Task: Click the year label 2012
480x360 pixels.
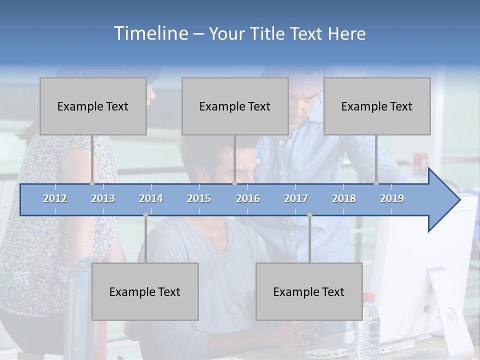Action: click(x=55, y=198)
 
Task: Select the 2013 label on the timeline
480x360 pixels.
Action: click(x=103, y=198)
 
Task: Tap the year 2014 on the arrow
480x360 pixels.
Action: click(x=151, y=198)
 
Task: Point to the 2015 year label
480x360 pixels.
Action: click(x=199, y=198)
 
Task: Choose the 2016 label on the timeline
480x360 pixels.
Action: click(x=248, y=198)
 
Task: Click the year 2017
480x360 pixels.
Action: click(x=296, y=198)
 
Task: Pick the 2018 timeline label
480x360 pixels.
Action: click(x=344, y=198)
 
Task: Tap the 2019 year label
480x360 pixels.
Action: click(x=392, y=198)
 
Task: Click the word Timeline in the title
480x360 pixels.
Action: click(x=150, y=33)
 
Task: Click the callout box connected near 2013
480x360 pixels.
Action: click(x=93, y=106)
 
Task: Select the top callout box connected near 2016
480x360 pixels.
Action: click(x=235, y=106)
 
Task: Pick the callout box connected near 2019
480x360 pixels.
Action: click(x=377, y=106)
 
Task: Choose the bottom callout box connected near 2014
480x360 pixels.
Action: click(x=145, y=291)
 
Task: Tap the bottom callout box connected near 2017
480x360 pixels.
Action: click(x=309, y=291)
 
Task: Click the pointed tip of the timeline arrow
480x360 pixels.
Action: click(x=458, y=200)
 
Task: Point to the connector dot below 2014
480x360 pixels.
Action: click(x=145, y=215)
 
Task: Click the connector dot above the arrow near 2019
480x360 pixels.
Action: click(x=376, y=183)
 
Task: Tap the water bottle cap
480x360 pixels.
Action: click(x=368, y=296)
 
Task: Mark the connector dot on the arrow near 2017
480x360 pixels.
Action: click(x=309, y=215)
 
